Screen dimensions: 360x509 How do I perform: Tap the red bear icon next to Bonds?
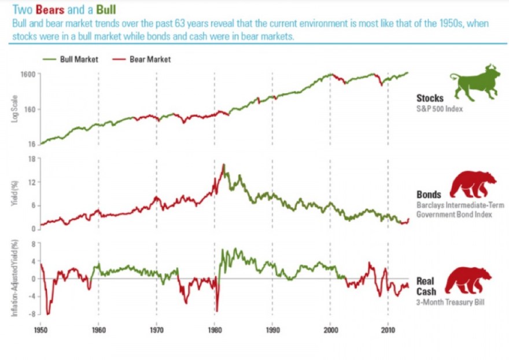[x=473, y=185]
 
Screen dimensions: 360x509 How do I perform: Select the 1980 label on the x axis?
[x=214, y=330]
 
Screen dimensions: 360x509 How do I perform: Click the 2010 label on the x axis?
[x=388, y=330]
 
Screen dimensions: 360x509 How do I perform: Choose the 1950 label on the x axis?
[x=40, y=330]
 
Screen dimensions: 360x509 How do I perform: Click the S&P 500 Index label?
[x=441, y=108]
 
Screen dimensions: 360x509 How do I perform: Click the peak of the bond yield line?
[x=223, y=165]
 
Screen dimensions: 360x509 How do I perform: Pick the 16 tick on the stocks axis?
[x=32, y=144]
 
